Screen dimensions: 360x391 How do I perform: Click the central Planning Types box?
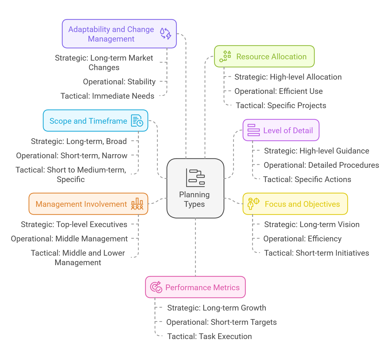tap(195, 188)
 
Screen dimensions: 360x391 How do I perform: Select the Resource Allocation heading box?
tap(264, 56)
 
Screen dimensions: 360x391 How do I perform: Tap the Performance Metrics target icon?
tap(156, 287)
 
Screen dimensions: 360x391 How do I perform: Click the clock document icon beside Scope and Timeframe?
tap(137, 121)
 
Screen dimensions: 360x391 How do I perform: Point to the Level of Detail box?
tap(281, 130)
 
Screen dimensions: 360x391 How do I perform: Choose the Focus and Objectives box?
tap(295, 204)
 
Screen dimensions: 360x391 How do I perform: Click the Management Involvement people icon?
tap(137, 204)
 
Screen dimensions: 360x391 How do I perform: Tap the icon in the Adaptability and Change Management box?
tap(166, 34)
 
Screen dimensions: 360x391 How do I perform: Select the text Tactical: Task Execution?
tap(209, 337)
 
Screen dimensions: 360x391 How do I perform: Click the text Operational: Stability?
tap(119, 82)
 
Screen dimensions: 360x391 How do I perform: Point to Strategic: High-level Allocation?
tap(288, 77)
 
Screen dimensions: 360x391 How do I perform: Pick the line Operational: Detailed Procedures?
tap(321, 165)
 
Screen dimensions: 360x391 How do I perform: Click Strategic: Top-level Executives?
tap(74, 225)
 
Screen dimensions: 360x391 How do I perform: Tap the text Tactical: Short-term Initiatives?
tap(316, 253)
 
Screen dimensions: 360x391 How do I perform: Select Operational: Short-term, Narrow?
tap(72, 156)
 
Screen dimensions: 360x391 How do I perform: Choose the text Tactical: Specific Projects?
tap(281, 106)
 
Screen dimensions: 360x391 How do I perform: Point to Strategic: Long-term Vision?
tap(312, 225)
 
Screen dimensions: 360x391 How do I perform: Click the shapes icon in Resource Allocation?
tap(225, 56)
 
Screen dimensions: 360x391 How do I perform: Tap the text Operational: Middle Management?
tap(69, 239)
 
